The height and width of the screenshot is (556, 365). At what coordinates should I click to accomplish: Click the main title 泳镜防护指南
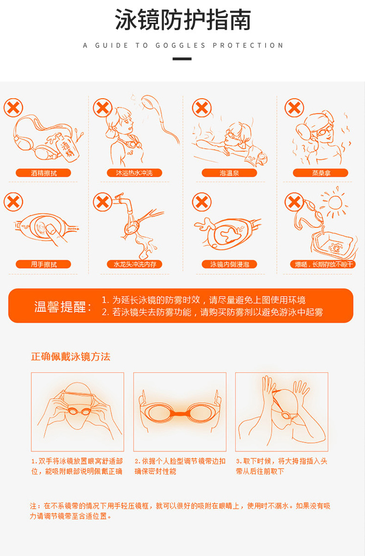click(183, 20)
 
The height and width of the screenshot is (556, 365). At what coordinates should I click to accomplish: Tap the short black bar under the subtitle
click(182, 59)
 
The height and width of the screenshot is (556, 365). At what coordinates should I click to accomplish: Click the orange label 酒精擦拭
click(43, 173)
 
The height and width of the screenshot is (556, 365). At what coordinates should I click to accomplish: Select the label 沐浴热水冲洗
click(134, 173)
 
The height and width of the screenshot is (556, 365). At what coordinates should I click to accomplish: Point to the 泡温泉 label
click(230, 173)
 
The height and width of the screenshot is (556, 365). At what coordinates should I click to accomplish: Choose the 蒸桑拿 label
click(321, 173)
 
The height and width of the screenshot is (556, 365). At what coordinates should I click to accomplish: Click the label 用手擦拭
click(43, 264)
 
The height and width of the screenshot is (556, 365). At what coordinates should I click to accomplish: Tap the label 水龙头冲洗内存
click(134, 264)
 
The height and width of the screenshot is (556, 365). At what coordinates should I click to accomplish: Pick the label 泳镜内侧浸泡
click(230, 264)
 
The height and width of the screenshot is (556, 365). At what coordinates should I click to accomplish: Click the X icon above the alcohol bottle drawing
click(13, 108)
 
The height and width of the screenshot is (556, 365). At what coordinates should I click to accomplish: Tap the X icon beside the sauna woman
click(294, 108)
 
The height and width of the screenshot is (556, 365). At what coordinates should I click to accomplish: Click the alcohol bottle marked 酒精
click(67, 148)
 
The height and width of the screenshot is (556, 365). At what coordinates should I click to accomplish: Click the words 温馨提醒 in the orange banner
click(60, 307)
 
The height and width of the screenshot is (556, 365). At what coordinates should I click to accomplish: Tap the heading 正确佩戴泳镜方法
click(71, 356)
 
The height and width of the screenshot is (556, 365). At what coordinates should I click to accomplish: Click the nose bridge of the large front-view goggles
click(180, 413)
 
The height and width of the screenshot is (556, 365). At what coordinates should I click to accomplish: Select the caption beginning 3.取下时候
click(281, 466)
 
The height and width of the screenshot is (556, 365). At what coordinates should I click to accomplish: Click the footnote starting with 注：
click(180, 511)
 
